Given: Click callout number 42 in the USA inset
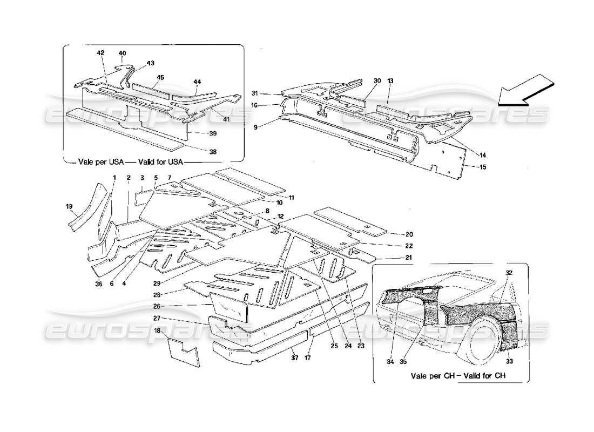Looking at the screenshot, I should coord(101,53).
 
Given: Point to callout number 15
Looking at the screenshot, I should coord(483,167).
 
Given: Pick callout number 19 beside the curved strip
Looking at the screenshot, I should coord(69,206).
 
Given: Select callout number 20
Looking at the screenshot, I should coord(409,234).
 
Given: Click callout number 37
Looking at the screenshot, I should coord(294,357).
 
